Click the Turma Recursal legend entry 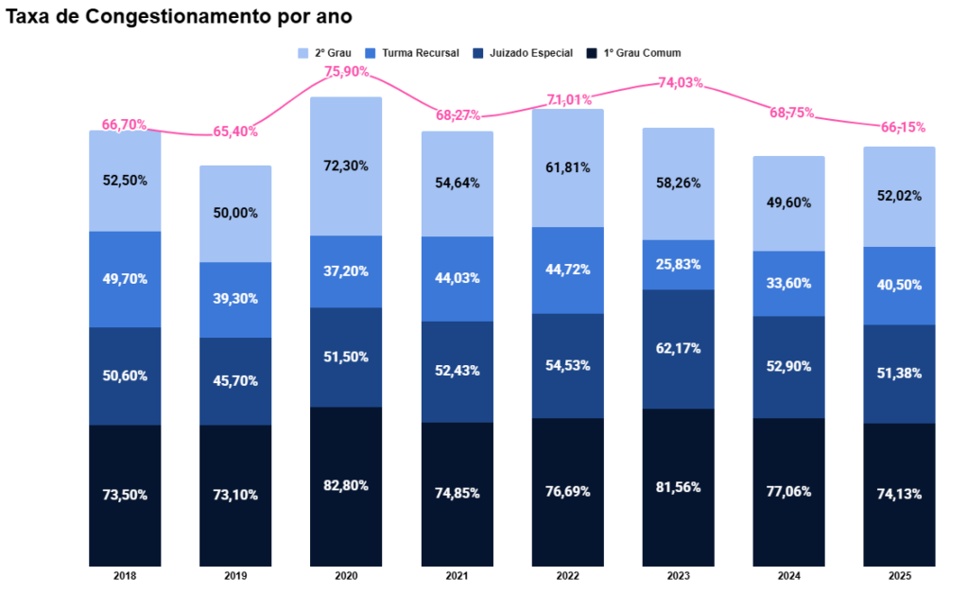pos(417,53)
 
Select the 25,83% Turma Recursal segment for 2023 pos(678,264)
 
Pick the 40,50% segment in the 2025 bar pos(899,286)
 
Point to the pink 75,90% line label pos(346,71)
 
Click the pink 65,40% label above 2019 pos(235,131)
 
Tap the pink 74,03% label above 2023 pos(678,82)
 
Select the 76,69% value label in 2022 pos(567,492)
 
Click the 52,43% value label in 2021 pos(457,371)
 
